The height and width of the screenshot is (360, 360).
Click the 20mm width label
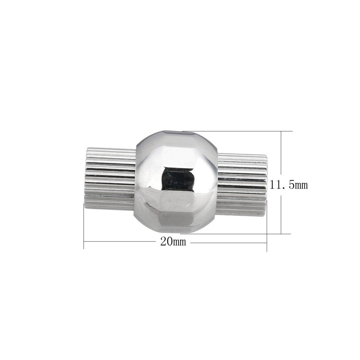(173, 241)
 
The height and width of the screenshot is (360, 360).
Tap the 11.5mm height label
(289, 185)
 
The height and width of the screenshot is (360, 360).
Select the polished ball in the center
(176, 181)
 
